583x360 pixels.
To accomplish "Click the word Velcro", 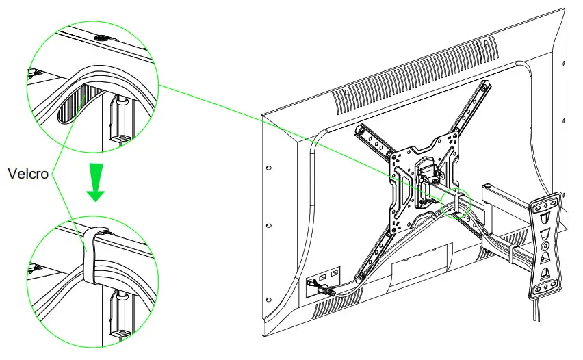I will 28,174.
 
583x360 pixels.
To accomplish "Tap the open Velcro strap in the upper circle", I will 72,101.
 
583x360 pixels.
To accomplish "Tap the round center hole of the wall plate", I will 546,244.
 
